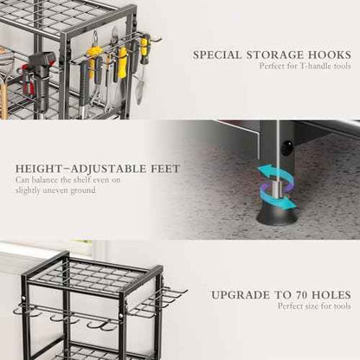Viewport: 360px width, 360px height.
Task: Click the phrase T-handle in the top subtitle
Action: coord(313,66)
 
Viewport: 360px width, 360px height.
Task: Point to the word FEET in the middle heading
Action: coord(165,169)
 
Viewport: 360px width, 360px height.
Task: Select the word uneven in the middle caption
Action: coord(55,190)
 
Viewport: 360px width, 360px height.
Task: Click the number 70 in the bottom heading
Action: coord(299,295)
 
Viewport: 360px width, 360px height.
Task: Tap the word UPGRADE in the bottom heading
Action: coord(241,295)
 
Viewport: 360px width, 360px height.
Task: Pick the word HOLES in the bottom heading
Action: coord(331,295)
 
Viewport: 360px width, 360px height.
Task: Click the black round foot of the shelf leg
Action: coord(277,214)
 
